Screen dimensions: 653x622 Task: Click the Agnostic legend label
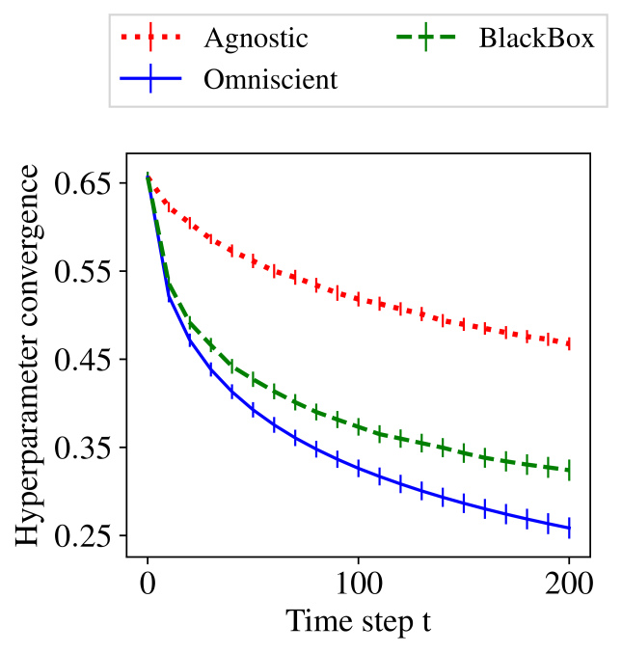[256, 39]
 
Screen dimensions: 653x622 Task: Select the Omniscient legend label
[270, 79]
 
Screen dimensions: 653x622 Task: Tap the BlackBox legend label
[536, 39]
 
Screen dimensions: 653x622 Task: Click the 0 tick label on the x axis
[147, 584]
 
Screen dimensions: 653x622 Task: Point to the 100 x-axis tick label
[358, 584]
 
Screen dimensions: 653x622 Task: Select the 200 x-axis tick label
[569, 584]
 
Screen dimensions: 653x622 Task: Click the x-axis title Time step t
[358, 620]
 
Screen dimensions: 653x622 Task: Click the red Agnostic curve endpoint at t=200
[569, 343]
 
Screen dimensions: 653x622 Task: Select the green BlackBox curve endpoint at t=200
[569, 470]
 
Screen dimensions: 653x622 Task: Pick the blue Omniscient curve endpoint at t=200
[569, 528]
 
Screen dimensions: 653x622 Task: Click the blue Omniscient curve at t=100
[358, 469]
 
